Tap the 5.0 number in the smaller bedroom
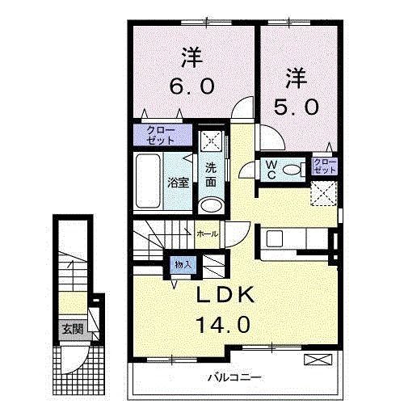pyautogui.click(x=297, y=107)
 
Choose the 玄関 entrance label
pyautogui.click(x=70, y=329)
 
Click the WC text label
pyautogui.click(x=271, y=169)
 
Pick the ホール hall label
pyautogui.click(x=206, y=234)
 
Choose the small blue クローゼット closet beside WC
pyautogui.click(x=324, y=167)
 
